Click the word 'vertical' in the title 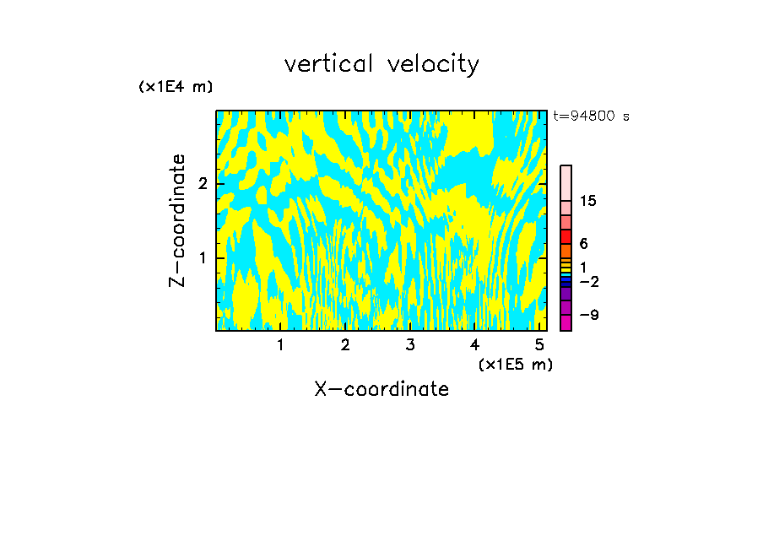329,64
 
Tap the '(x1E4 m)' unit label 176,87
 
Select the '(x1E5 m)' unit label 515,364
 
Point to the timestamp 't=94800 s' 591,116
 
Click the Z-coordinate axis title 177,220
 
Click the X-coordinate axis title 381,389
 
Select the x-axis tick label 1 280,345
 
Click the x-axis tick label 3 410,345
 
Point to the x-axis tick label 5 539,345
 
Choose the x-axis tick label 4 474,345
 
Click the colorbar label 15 588,201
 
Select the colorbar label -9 588,315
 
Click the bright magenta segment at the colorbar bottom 565,322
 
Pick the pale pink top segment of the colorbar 565,182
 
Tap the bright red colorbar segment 565,236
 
